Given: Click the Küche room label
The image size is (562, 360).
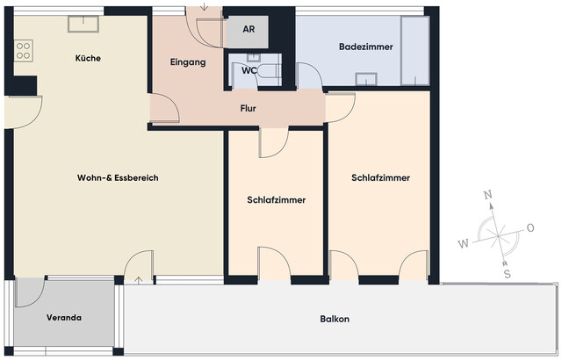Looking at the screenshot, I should click(x=88, y=58).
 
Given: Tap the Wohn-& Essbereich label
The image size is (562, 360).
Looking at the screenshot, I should click(x=117, y=177).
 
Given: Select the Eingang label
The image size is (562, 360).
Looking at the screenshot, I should click(x=187, y=62).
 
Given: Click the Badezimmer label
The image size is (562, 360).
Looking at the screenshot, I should click(x=365, y=46).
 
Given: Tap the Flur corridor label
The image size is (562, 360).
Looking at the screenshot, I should click(x=249, y=108).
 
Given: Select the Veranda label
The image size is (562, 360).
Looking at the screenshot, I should click(x=63, y=317).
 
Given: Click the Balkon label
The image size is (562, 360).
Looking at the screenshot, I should click(x=335, y=319).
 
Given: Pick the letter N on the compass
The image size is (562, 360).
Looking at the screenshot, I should click(x=489, y=197).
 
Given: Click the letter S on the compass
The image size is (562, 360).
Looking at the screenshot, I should click(x=507, y=273).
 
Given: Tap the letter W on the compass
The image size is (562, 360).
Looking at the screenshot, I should click(x=462, y=242).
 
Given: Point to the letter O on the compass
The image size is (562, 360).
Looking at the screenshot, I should click(x=530, y=227).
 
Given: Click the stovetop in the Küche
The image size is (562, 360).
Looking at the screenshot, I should click(x=24, y=50).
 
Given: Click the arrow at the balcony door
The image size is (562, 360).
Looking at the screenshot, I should click(x=141, y=280).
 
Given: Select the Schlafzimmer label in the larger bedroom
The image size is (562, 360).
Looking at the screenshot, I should click(x=380, y=177).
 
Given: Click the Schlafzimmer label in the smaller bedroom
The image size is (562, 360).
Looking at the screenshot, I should click(x=277, y=200).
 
